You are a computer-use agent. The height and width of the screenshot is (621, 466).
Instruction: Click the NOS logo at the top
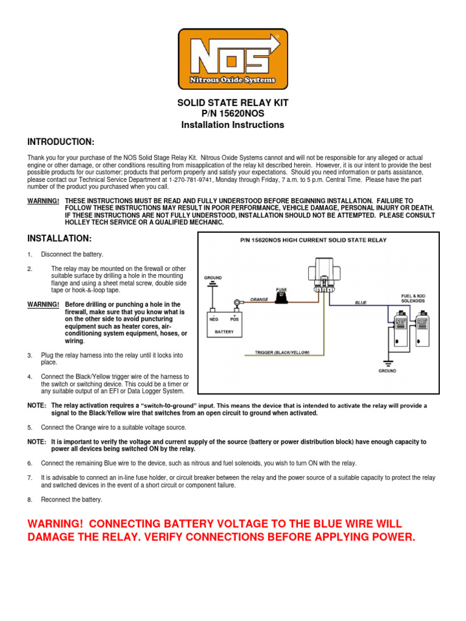(x=232, y=59)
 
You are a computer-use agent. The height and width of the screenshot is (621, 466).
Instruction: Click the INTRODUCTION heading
(x=61, y=142)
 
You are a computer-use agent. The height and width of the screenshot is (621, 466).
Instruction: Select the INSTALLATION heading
(x=59, y=238)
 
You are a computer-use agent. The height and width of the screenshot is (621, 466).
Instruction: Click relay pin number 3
(x=317, y=290)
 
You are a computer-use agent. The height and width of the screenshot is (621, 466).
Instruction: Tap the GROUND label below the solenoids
(x=387, y=371)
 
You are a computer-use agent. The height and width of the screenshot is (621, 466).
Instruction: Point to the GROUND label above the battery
(x=212, y=277)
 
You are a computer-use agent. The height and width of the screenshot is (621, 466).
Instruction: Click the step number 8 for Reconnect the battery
(x=30, y=500)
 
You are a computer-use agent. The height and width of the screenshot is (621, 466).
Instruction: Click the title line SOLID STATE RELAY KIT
(x=232, y=102)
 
